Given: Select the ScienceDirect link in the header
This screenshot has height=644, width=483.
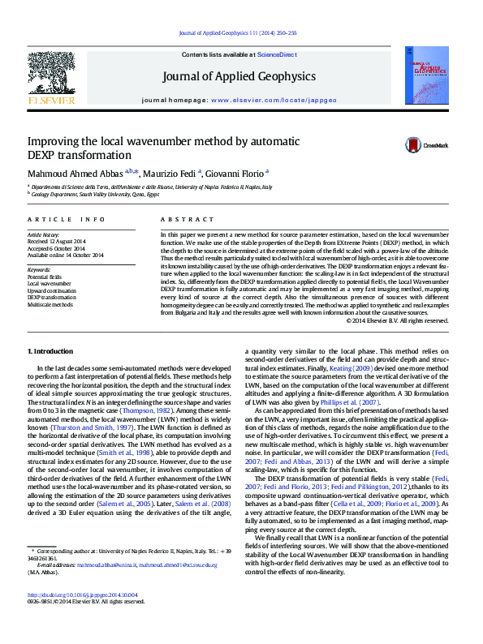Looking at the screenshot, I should pos(276,54).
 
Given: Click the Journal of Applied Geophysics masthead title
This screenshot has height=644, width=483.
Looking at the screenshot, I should pos(239,77).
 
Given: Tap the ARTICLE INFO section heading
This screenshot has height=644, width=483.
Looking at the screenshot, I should pos(66,220).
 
